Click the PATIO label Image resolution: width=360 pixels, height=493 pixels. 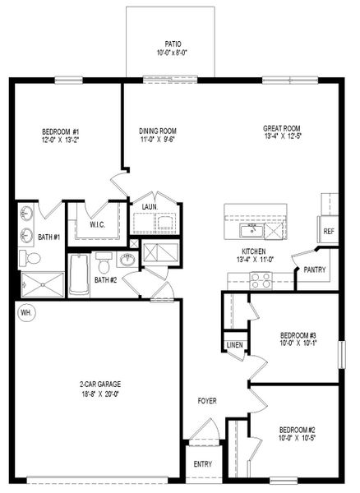173,44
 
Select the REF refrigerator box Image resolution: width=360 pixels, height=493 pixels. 328,232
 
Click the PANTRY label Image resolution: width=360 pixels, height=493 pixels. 314,270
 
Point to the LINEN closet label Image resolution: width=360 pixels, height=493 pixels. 234,344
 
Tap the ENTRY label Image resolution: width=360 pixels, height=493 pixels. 202,464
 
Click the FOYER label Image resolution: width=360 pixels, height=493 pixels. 207,401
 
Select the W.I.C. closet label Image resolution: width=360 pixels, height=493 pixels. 96,224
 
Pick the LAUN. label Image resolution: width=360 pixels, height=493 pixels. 150,207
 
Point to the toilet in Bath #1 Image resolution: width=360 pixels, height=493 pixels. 33,259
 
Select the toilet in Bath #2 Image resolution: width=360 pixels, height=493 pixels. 104,265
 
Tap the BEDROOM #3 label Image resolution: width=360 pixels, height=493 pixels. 298,335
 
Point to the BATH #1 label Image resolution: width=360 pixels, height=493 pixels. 49,237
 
